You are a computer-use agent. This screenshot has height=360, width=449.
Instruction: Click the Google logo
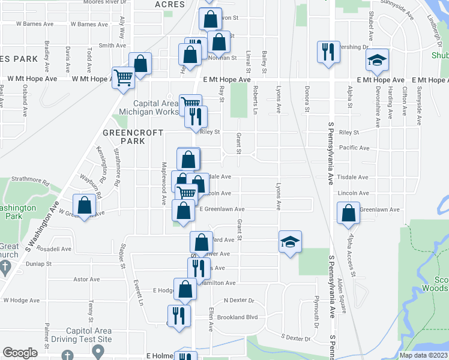coord(20,353)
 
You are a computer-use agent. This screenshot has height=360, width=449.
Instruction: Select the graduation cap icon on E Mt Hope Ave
coord(378,60)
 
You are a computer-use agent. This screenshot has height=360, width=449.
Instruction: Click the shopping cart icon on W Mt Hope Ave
coord(123,77)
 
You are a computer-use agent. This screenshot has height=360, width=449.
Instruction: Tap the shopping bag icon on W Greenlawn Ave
coord(85,206)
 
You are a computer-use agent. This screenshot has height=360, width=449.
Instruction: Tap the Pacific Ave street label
coord(354,148)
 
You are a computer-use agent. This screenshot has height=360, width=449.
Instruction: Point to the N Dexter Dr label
coord(239,300)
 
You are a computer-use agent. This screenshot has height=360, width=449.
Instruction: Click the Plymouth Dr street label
coord(316,312)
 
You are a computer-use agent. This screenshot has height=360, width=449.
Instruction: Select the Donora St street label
coord(306,100)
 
